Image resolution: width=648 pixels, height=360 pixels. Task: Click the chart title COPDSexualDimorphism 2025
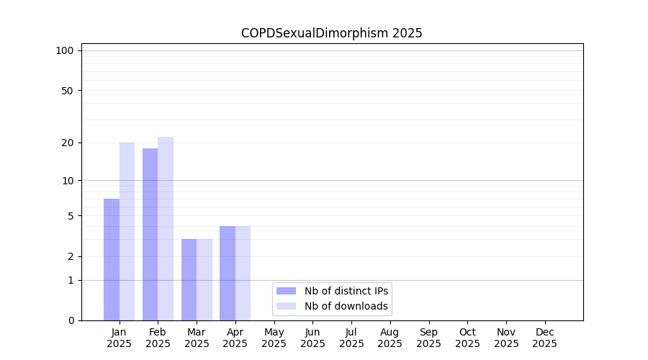(331, 33)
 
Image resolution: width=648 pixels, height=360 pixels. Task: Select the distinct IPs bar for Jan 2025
(112, 259)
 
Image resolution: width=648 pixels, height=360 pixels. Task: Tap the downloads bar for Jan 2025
(127, 231)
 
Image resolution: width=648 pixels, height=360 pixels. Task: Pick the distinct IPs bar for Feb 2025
(150, 234)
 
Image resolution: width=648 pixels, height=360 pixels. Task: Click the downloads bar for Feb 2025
(166, 228)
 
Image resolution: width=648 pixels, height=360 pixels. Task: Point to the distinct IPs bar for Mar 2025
(189, 279)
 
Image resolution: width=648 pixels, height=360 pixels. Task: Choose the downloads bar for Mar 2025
(204, 279)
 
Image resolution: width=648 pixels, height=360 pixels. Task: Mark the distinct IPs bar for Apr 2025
(228, 273)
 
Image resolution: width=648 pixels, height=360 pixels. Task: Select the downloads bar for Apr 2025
(243, 273)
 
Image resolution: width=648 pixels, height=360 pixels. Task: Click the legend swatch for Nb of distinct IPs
(286, 291)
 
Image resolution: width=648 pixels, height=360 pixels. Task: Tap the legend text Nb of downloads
(346, 306)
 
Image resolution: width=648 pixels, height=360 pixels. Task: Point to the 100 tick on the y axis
(65, 50)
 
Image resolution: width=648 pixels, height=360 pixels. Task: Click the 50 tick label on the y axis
(68, 91)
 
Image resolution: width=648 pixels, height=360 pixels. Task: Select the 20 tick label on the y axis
(68, 143)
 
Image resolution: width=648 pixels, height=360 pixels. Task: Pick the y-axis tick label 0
(71, 320)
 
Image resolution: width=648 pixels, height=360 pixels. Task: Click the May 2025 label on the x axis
(274, 338)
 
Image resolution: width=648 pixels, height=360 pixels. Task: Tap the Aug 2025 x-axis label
(390, 338)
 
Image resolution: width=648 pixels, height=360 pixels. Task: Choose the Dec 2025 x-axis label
(544, 338)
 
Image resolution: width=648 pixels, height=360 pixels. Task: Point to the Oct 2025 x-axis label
(467, 338)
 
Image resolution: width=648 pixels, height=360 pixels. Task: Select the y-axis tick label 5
(71, 216)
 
